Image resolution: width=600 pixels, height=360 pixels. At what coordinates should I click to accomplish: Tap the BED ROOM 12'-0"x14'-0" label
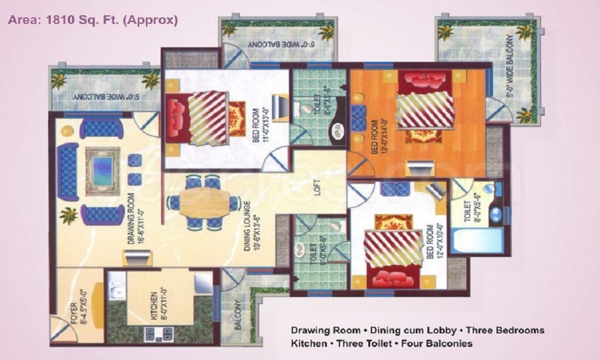click(x=379, y=136)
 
